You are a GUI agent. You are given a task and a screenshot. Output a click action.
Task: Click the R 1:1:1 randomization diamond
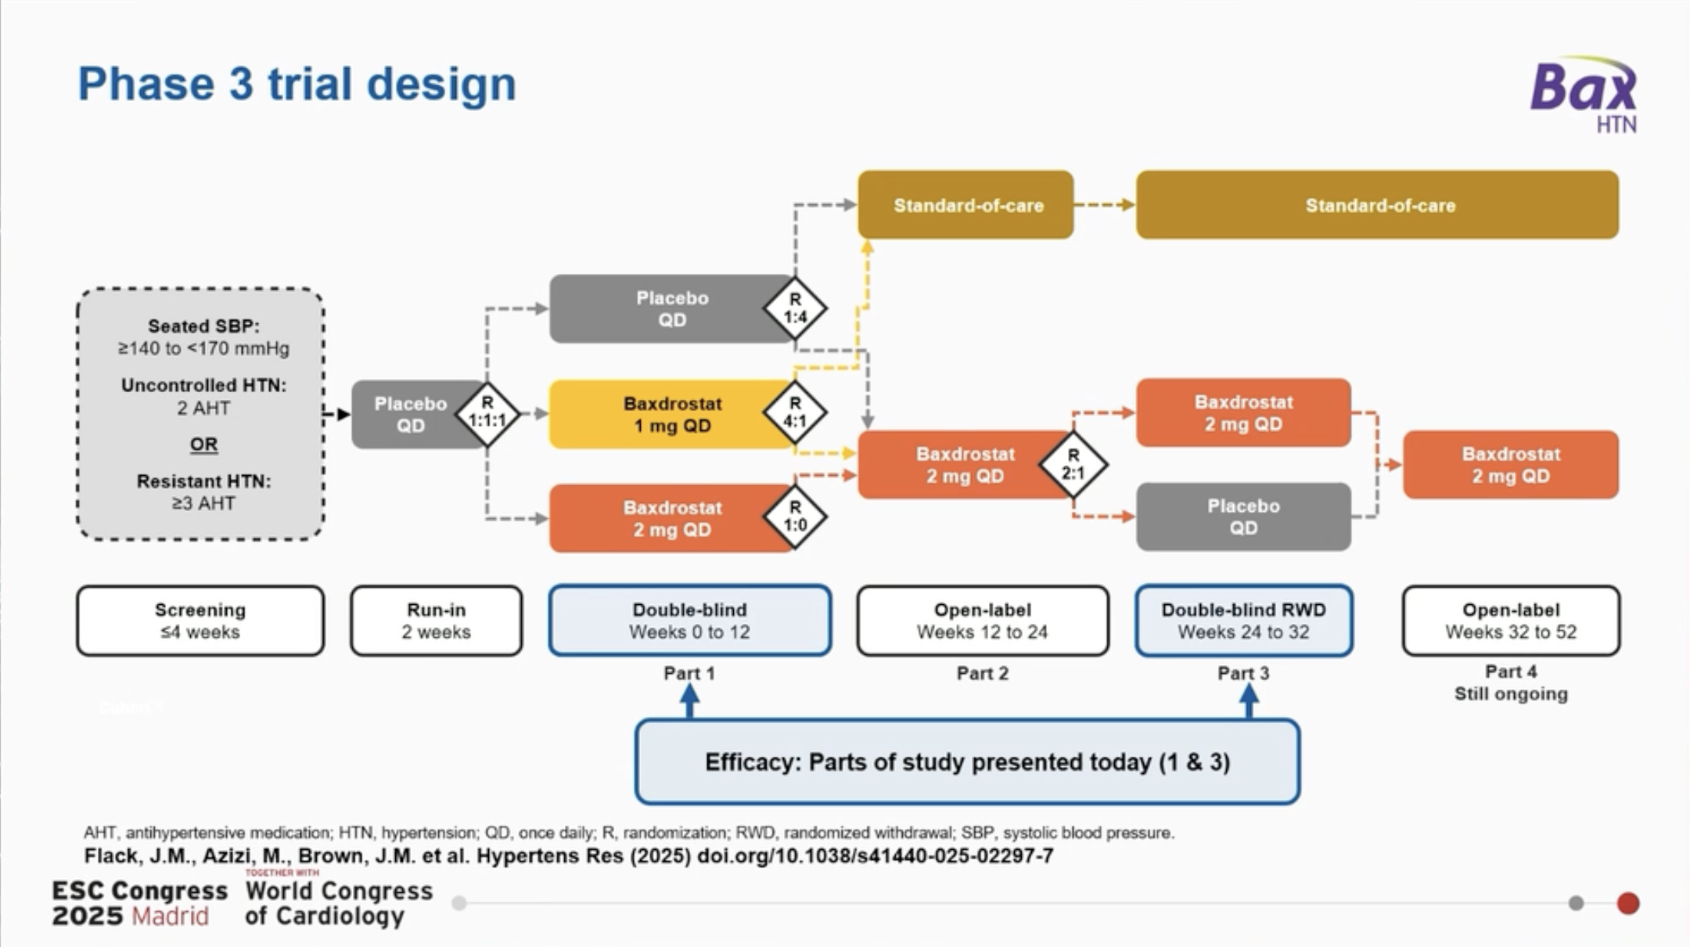pyautogui.click(x=487, y=413)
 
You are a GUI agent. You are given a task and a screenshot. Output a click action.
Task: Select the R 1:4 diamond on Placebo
pyautogui.click(x=795, y=308)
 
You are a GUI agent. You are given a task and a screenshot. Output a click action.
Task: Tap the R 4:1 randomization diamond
pyautogui.click(x=795, y=412)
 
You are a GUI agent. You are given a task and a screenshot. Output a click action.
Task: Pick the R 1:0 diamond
pyautogui.click(x=795, y=517)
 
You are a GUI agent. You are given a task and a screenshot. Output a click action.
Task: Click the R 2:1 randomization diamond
pyautogui.click(x=1073, y=465)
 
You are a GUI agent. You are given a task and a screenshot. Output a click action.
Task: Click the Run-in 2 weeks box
pyautogui.click(x=437, y=621)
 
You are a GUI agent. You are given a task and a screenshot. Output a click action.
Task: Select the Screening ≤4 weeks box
pyautogui.click(x=200, y=621)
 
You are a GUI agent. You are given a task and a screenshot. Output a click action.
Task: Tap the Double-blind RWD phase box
pyautogui.click(x=1243, y=621)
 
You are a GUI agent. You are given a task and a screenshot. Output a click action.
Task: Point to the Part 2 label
pyautogui.click(x=983, y=673)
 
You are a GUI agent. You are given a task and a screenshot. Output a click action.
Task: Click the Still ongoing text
pyautogui.click(x=1511, y=694)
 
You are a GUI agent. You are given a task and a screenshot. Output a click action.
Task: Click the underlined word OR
pyautogui.click(x=203, y=445)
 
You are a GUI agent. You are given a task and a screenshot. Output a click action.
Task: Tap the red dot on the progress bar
pyautogui.click(x=1628, y=903)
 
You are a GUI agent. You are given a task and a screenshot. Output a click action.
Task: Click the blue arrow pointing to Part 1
pyautogui.click(x=689, y=700)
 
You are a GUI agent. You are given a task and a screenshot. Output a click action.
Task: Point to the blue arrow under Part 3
pyautogui.click(x=1250, y=700)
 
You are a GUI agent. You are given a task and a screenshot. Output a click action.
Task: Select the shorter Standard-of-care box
pyautogui.click(x=965, y=205)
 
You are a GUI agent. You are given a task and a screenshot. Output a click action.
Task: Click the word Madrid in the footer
pyautogui.click(x=170, y=916)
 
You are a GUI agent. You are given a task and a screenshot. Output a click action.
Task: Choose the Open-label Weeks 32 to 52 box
pyautogui.click(x=1511, y=621)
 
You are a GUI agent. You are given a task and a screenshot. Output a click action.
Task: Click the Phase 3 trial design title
pyautogui.click(x=297, y=84)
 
